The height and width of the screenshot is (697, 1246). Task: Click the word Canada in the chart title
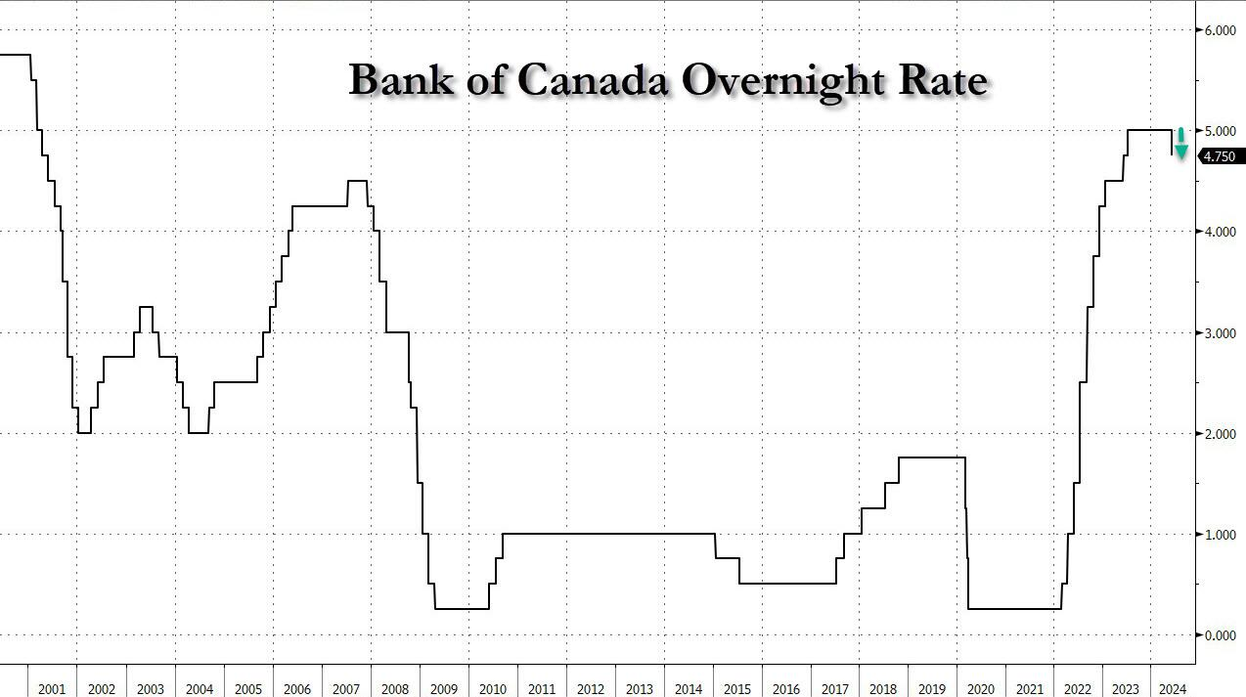(593, 80)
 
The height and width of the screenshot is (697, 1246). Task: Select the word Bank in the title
(401, 80)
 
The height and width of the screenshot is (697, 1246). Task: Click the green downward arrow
(1180, 143)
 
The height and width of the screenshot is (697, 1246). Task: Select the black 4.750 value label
(1219, 156)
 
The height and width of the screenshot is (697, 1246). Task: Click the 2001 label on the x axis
(52, 689)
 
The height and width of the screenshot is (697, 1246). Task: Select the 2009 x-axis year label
(444, 689)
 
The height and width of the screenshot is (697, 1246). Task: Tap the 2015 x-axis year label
(737, 689)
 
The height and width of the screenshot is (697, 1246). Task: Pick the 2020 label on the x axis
(982, 689)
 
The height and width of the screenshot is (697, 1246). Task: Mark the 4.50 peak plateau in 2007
(357, 181)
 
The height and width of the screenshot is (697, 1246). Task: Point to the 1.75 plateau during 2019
(932, 457)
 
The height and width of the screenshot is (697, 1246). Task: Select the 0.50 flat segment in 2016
(787, 584)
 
